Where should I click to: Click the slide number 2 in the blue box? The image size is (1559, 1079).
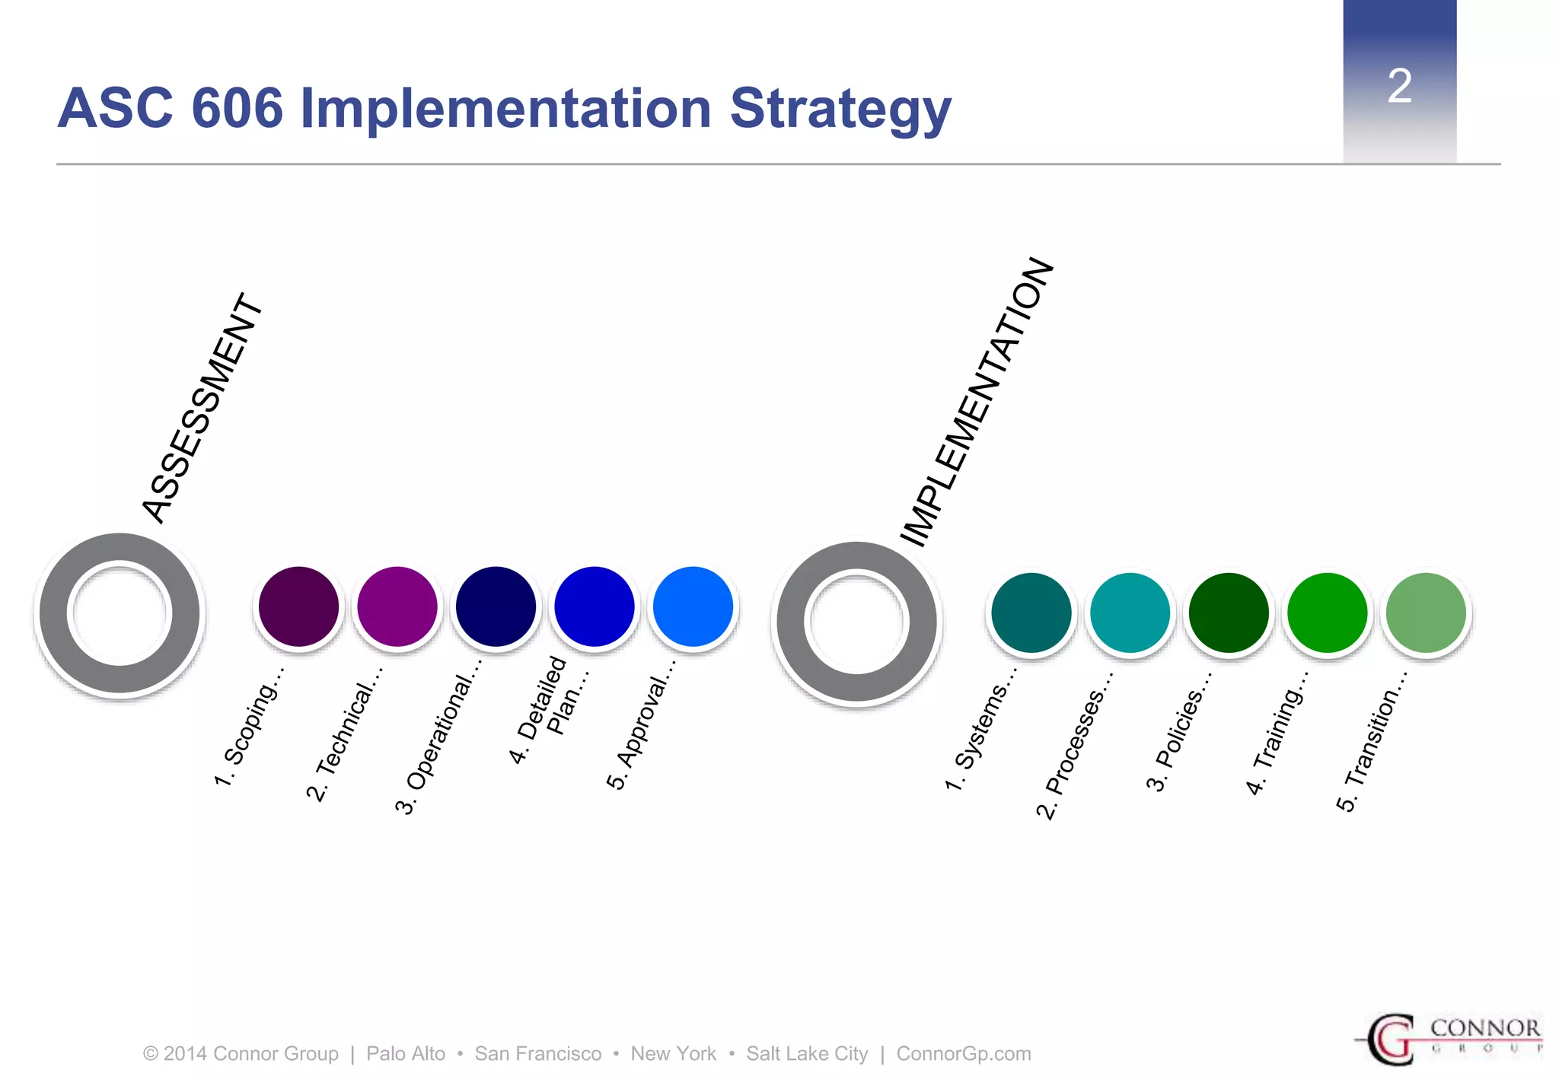(x=1399, y=86)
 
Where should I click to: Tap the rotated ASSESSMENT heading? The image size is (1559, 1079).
(x=202, y=409)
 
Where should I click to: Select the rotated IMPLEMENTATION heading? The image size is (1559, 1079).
(x=977, y=403)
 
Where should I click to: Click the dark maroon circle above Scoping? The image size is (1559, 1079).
(x=298, y=606)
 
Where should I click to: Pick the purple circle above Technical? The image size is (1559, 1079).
(x=397, y=606)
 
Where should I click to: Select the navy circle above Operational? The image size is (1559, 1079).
(x=496, y=606)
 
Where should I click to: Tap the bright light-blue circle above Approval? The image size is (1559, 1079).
(x=693, y=606)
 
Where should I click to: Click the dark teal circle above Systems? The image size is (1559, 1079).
(x=1031, y=613)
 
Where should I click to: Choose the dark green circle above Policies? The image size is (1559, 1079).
(x=1229, y=613)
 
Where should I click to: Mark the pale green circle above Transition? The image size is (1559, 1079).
(x=1426, y=613)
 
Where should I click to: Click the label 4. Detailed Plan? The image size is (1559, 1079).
(x=547, y=708)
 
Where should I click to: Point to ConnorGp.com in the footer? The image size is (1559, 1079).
(x=963, y=1054)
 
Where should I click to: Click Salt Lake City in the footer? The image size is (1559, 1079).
(x=806, y=1054)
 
